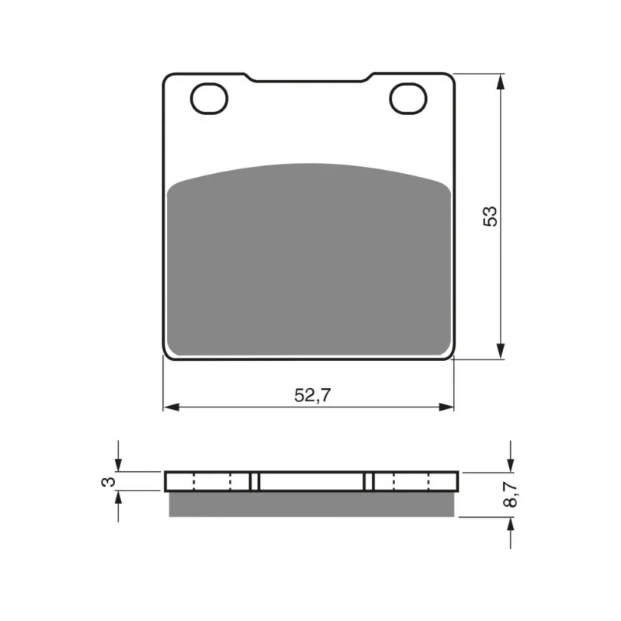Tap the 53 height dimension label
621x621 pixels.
[490, 217]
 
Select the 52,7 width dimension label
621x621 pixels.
[312, 395]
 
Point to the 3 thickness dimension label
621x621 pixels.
[109, 481]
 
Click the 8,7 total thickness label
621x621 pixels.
[510, 494]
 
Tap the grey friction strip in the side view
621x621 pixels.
[312, 504]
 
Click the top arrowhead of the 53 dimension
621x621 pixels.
[501, 82]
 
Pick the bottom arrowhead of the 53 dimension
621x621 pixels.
[501, 351]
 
